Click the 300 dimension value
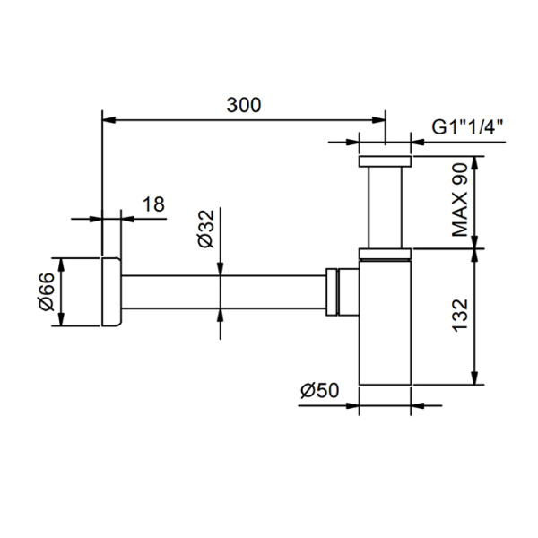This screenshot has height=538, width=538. coord(243,105)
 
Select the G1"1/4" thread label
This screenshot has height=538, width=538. coord(466,126)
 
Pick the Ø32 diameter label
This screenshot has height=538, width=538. coord(205,230)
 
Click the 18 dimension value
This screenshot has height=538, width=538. coord(153,204)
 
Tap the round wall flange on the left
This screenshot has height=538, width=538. coord(111,292)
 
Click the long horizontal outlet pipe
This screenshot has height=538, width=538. coord(224,292)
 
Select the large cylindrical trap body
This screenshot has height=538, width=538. coord(385,323)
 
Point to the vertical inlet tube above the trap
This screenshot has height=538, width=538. coord(385,206)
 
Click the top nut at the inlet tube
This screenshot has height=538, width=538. coord(385,162)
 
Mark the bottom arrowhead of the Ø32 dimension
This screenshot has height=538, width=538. coord(221,315)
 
